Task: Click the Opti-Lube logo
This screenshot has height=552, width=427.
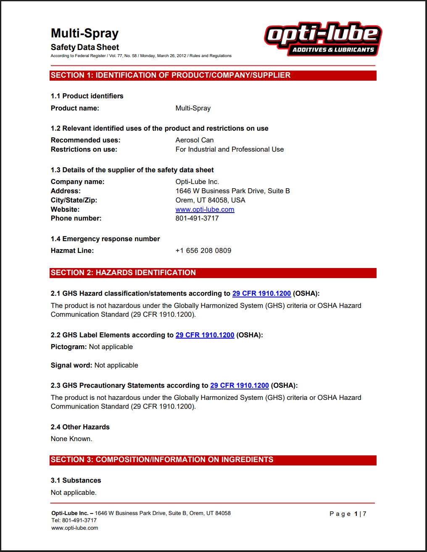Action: click(323, 39)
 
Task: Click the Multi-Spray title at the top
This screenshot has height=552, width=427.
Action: click(84, 33)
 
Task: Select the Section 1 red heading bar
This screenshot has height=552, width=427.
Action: click(213, 75)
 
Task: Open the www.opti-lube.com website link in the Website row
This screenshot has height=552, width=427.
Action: click(205, 209)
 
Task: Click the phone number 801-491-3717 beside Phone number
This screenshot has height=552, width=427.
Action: click(197, 218)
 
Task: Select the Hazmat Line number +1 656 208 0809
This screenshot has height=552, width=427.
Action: click(203, 250)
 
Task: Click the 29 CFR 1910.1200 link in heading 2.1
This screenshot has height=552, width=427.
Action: click(261, 293)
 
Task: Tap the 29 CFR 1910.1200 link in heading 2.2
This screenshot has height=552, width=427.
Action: click(205, 335)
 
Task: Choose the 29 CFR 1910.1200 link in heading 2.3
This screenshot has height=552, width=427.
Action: click(239, 385)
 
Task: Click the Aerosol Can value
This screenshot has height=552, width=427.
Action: click(195, 140)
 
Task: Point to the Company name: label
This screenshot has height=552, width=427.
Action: click(78, 181)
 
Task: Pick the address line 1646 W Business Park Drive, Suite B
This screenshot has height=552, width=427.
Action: click(232, 191)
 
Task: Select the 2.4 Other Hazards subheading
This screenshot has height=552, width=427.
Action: click(80, 427)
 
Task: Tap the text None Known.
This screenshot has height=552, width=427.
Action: click(71, 439)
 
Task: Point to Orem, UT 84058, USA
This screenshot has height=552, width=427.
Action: click(210, 200)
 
